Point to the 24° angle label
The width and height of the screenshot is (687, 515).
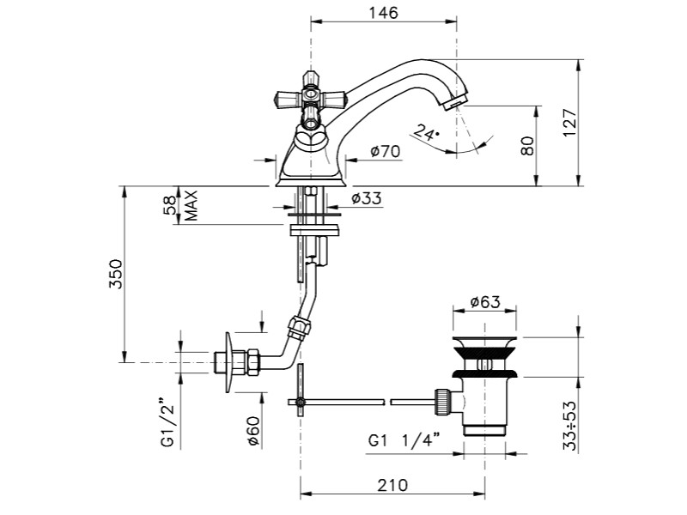point(425,132)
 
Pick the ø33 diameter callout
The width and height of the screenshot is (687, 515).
point(366,198)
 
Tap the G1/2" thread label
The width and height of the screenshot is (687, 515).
point(168,422)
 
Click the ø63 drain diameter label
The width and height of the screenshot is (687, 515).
point(486,303)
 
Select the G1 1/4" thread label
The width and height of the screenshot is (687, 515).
point(404,440)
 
